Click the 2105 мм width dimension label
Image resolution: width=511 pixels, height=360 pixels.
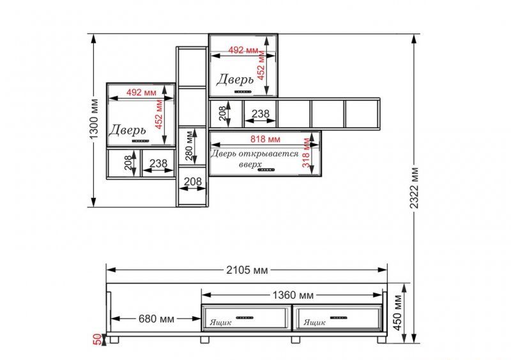tap(247, 270)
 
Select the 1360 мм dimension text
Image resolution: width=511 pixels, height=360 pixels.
tap(293, 295)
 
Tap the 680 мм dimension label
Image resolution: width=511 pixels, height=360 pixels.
tap(156, 319)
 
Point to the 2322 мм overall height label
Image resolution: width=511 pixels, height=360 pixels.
tap(414, 188)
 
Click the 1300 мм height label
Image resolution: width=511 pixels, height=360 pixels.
tap(94, 119)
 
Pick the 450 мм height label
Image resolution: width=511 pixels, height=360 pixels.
tap(398, 312)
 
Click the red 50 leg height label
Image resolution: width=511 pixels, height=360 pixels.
tap(98, 339)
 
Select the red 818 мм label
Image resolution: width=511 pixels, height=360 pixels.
tap(265, 139)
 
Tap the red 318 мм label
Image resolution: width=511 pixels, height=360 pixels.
tap(306, 153)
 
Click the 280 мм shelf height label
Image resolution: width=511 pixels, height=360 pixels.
tap(189, 146)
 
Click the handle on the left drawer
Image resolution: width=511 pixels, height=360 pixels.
tap(245, 317)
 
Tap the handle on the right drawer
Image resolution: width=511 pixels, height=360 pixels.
tap(339, 317)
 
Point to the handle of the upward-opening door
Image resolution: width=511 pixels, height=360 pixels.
tap(266, 170)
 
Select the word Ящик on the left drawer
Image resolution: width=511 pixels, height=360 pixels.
tap(220, 322)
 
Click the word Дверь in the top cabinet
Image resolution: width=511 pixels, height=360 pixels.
tap(234, 80)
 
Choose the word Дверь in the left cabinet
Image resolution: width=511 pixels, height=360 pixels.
tap(127, 130)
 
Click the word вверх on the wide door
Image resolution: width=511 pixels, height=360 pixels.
tap(250, 165)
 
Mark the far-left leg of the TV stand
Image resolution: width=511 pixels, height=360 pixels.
tap(114, 340)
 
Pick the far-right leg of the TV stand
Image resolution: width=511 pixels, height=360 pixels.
tap(381, 340)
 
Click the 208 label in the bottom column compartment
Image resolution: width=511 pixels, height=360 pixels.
tap(193, 181)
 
